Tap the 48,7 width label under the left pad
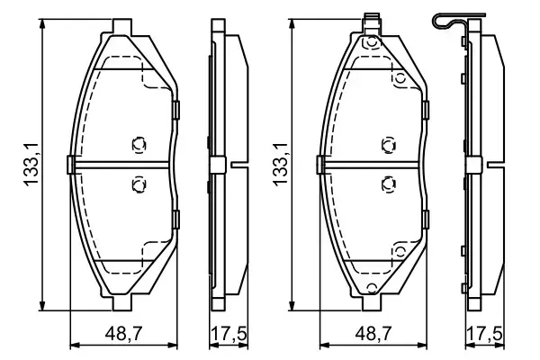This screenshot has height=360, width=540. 121,334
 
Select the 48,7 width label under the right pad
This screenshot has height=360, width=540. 371,334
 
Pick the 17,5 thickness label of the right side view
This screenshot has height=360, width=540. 483,334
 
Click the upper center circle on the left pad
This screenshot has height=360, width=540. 138,144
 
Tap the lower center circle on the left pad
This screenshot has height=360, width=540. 138,184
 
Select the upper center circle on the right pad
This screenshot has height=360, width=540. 388,144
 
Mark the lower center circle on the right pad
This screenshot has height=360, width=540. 388,184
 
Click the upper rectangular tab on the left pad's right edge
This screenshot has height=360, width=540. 176,112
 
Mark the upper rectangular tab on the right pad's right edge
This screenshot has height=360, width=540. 427,112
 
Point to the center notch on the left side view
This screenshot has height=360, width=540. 239,165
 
